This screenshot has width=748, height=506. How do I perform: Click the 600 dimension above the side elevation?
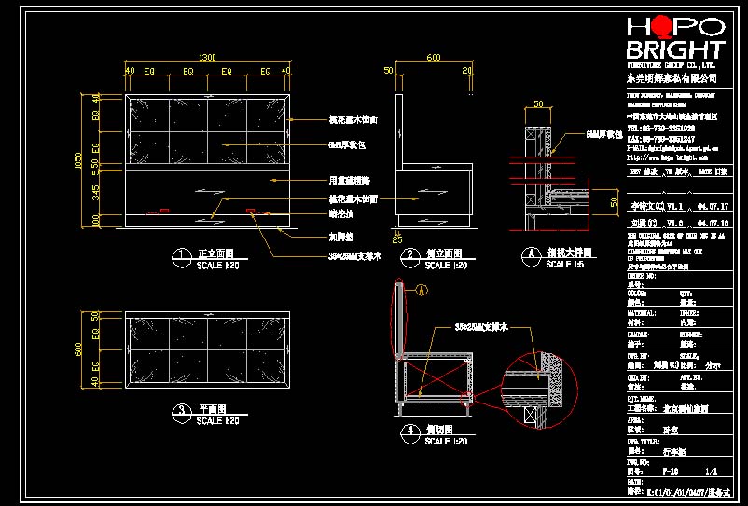(x=433, y=57)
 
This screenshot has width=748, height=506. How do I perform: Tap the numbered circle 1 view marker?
(x=179, y=254)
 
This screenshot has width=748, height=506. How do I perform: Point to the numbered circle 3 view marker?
(x=179, y=409)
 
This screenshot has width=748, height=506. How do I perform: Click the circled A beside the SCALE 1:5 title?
(x=530, y=253)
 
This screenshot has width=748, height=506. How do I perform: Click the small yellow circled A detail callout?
(x=421, y=291)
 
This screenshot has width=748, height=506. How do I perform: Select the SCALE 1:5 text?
(x=560, y=265)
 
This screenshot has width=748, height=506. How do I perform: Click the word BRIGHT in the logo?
(x=675, y=50)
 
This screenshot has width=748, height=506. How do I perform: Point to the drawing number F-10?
(x=669, y=472)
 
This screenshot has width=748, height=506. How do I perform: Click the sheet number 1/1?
(x=713, y=472)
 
